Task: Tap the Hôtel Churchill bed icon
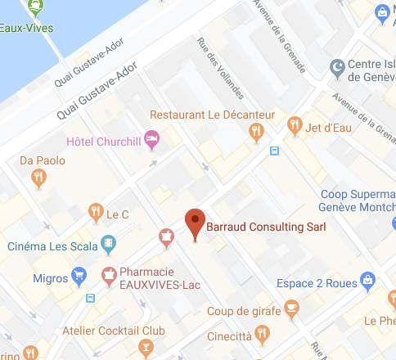click(x=151, y=139)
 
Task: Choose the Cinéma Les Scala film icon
click(x=109, y=244)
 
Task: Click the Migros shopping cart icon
click(x=79, y=275)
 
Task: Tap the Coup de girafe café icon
click(x=291, y=308)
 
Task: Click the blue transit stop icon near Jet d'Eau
click(x=274, y=151)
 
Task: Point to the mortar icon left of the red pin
click(x=167, y=237)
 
